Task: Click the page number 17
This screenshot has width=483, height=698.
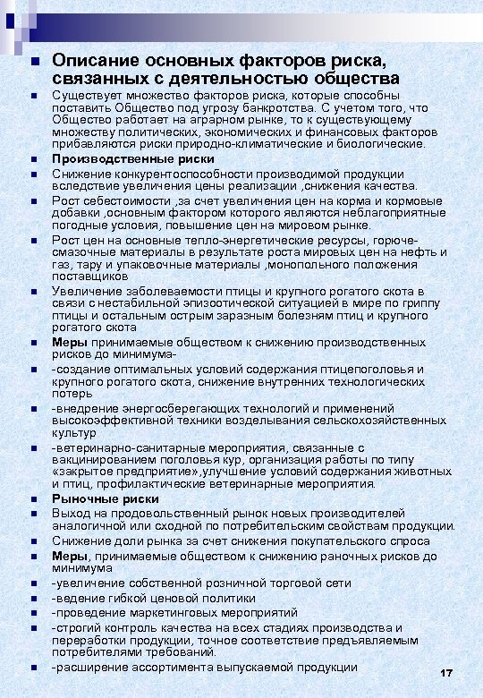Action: [x=447, y=673]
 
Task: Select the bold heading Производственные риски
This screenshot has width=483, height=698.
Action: [x=133, y=159]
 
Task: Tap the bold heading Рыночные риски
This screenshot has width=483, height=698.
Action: [x=106, y=498]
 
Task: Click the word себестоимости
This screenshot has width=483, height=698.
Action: [x=129, y=200]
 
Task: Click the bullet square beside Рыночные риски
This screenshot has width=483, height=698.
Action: [x=32, y=499]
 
